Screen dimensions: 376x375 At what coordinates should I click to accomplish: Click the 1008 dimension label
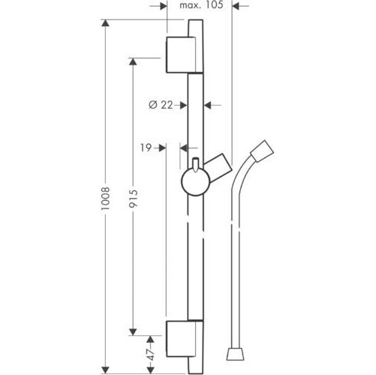[x=106, y=198]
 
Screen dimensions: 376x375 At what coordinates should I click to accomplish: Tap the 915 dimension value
[x=133, y=199]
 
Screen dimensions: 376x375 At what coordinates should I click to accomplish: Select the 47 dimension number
[x=151, y=355]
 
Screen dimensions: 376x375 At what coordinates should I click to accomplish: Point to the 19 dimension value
[x=146, y=148]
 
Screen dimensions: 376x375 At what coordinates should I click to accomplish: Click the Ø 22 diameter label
[x=161, y=105]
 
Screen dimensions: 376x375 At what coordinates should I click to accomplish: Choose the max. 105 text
[x=201, y=5]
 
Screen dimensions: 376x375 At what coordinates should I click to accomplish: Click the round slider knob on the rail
[x=196, y=181]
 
